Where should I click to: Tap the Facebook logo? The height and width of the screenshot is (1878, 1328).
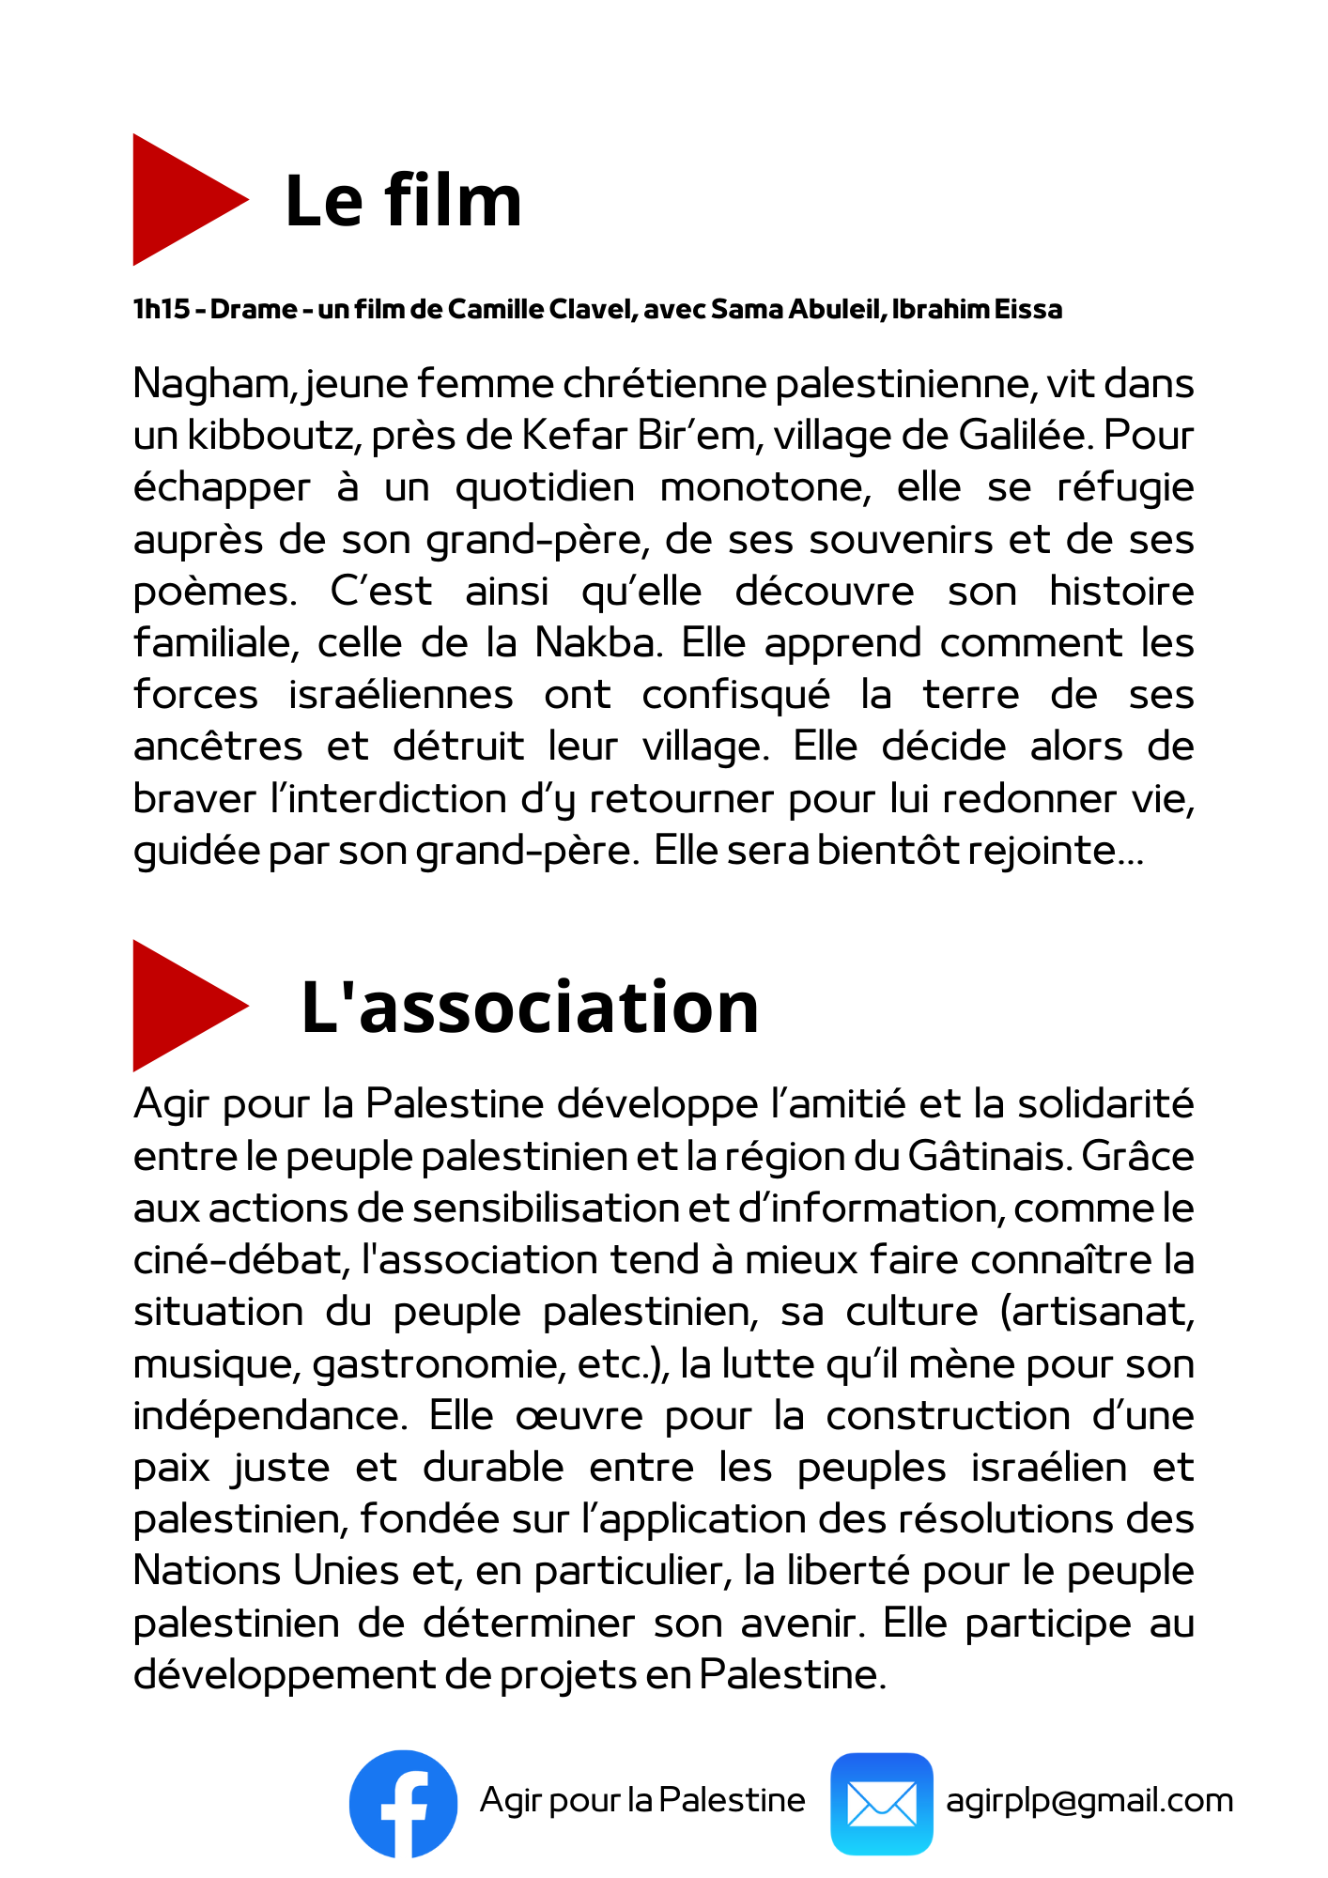click(x=403, y=1803)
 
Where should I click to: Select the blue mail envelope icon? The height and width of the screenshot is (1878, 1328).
click(x=881, y=1803)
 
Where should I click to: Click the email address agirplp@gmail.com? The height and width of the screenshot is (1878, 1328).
click(x=1089, y=1800)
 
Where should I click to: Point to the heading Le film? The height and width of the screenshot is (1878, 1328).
click(x=403, y=200)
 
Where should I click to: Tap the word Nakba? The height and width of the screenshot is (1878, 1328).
click(x=595, y=643)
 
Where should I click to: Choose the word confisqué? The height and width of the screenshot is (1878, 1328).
click(x=735, y=695)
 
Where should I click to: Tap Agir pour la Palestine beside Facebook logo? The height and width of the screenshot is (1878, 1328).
click(x=642, y=1800)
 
